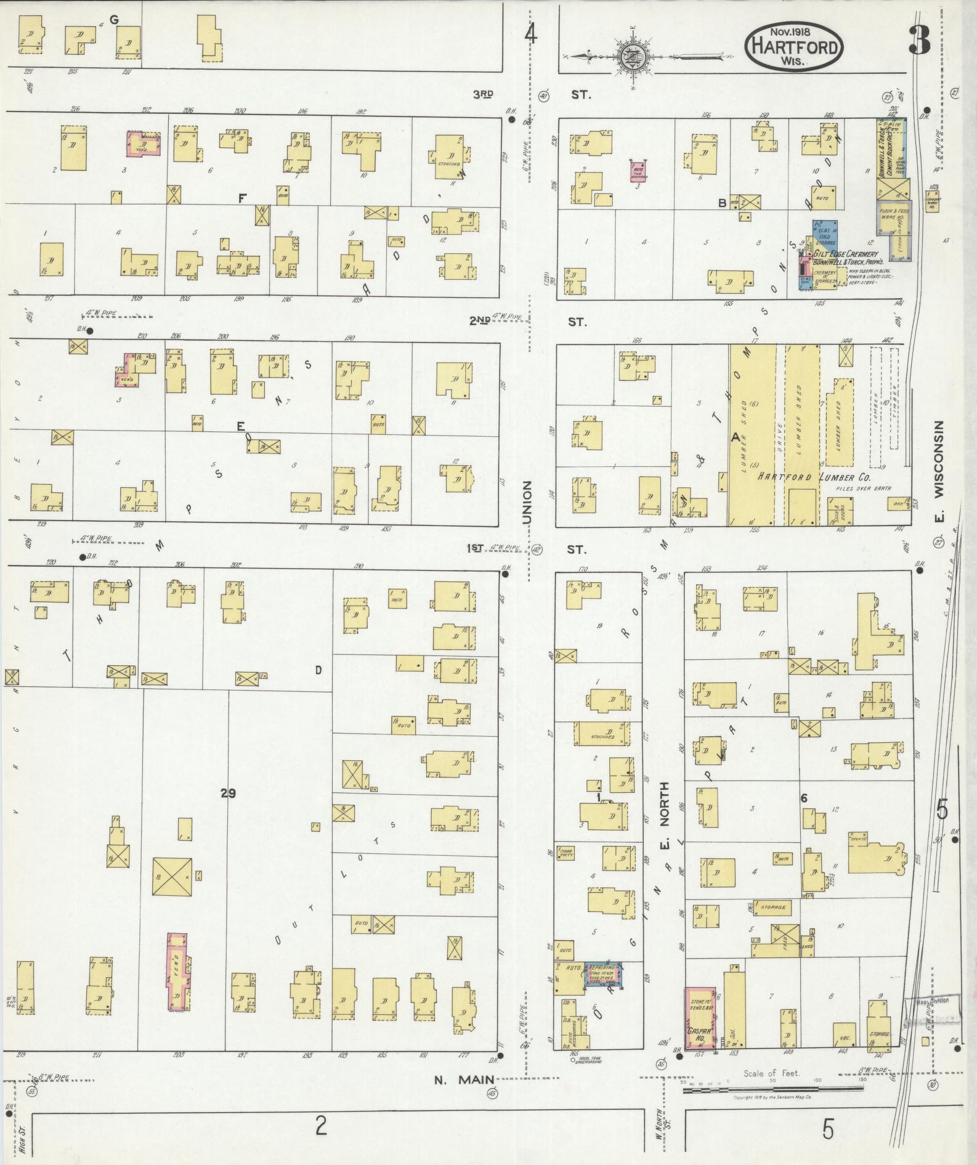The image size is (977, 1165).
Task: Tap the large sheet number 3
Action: click(x=918, y=41)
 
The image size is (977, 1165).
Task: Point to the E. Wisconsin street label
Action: click(x=939, y=471)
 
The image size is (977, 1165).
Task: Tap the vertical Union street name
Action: click(x=527, y=503)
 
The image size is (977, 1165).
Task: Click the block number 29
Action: click(x=228, y=793)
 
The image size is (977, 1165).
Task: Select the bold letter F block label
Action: click(x=242, y=198)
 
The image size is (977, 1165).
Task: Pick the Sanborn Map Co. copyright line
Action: click(x=772, y=1098)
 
